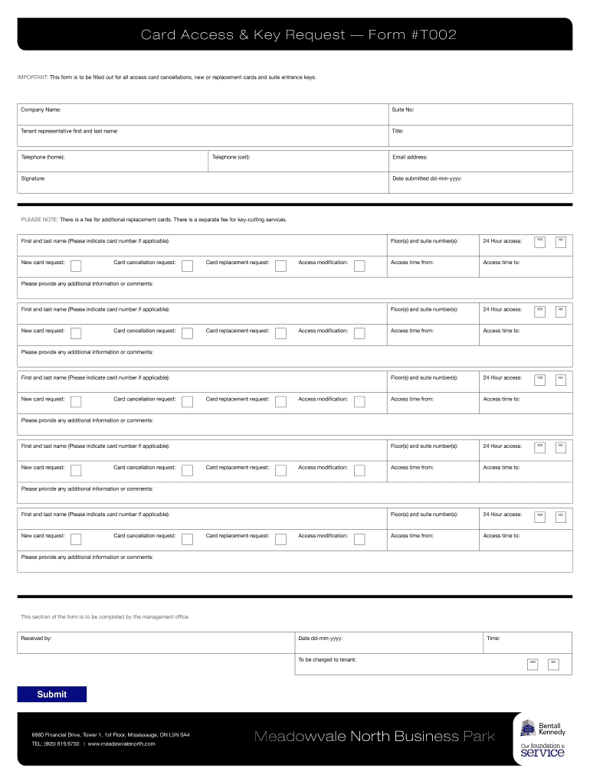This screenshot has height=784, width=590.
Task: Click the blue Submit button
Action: click(x=52, y=694)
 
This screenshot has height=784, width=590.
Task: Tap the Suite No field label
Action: click(x=403, y=110)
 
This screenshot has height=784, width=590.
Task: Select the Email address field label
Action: click(x=409, y=157)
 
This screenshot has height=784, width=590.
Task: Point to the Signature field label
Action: click(x=33, y=178)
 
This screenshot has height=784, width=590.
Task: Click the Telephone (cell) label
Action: click(x=231, y=157)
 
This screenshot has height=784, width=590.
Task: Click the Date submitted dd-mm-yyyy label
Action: click(x=426, y=178)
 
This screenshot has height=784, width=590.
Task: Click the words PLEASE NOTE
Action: click(x=39, y=220)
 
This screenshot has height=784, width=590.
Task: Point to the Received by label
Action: click(x=36, y=638)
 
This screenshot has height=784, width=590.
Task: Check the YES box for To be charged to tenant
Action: click(x=533, y=662)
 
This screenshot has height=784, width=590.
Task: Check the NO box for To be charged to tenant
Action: click(x=553, y=662)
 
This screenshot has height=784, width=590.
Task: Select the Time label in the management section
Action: click(x=493, y=638)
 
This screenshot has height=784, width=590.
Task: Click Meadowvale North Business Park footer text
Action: click(x=374, y=737)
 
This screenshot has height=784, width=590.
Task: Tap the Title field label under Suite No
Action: click(x=398, y=132)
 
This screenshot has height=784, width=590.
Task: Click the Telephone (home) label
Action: click(x=43, y=157)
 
